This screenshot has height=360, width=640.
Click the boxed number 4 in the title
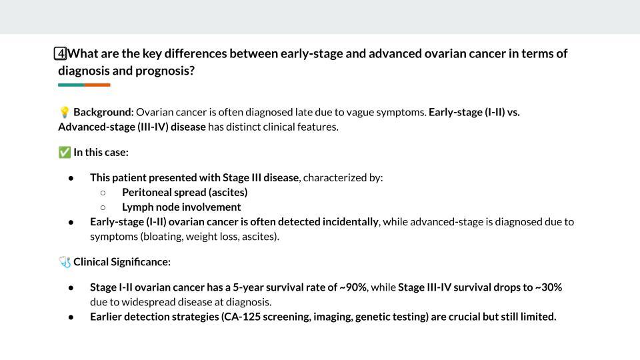61,54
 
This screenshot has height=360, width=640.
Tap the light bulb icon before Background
65,113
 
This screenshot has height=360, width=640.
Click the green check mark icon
65,153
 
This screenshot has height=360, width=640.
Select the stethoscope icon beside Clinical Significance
65,262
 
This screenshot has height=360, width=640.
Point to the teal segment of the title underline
71,85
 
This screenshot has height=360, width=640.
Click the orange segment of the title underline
97,85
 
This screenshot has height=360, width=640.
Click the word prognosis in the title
165,70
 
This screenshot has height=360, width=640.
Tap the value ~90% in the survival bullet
353,287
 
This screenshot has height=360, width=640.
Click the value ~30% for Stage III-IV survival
548,287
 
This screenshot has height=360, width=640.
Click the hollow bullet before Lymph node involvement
103,207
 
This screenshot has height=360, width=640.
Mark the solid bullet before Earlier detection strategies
71,317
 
